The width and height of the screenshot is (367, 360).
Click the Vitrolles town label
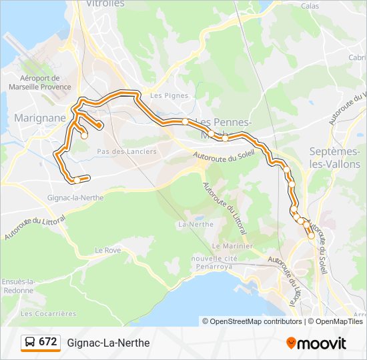pyautogui.click(x=105, y=4)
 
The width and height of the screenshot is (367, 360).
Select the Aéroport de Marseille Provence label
pyautogui.click(x=45, y=82)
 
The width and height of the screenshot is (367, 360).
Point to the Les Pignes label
pyautogui.click(x=165, y=95)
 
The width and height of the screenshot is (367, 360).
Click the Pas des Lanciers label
pyautogui.click(x=127, y=151)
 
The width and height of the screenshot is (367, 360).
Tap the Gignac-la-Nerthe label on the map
pyautogui.click(x=74, y=198)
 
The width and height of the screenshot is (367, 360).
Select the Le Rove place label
pyautogui.click(x=107, y=250)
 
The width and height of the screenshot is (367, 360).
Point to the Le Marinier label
pyautogui.click(x=234, y=246)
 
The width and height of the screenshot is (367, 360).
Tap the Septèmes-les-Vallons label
pyautogui.click(x=335, y=157)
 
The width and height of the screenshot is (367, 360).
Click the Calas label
pyautogui.click(x=310, y=5)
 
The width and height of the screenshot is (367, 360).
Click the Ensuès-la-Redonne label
pyautogui.click(x=18, y=286)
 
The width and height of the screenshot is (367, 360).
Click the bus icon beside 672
pyautogui.click(x=29, y=343)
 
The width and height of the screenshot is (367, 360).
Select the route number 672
pyautogui.click(x=48, y=342)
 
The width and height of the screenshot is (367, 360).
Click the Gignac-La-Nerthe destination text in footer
pyautogui.click(x=108, y=343)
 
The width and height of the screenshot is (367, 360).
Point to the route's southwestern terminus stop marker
pyautogui.click(x=77, y=179)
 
